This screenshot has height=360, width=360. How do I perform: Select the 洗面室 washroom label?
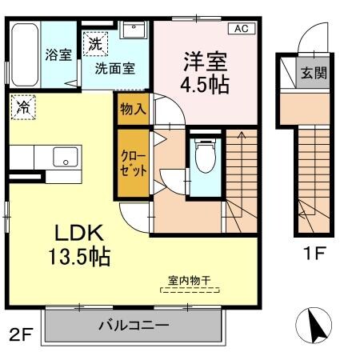coord(115,68)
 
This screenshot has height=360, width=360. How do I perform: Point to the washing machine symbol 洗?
coord(95,43)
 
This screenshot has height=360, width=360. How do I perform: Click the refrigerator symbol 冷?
coord(24,105)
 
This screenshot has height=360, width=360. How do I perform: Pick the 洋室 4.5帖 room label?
coord(204,73)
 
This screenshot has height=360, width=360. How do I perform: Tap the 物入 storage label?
coord(132,108)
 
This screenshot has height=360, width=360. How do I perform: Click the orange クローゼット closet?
coord(134,163)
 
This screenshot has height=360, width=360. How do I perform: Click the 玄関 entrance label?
coord(314,72)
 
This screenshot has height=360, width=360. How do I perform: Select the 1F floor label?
coord(314,257)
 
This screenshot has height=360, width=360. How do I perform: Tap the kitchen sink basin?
coord(63,157)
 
